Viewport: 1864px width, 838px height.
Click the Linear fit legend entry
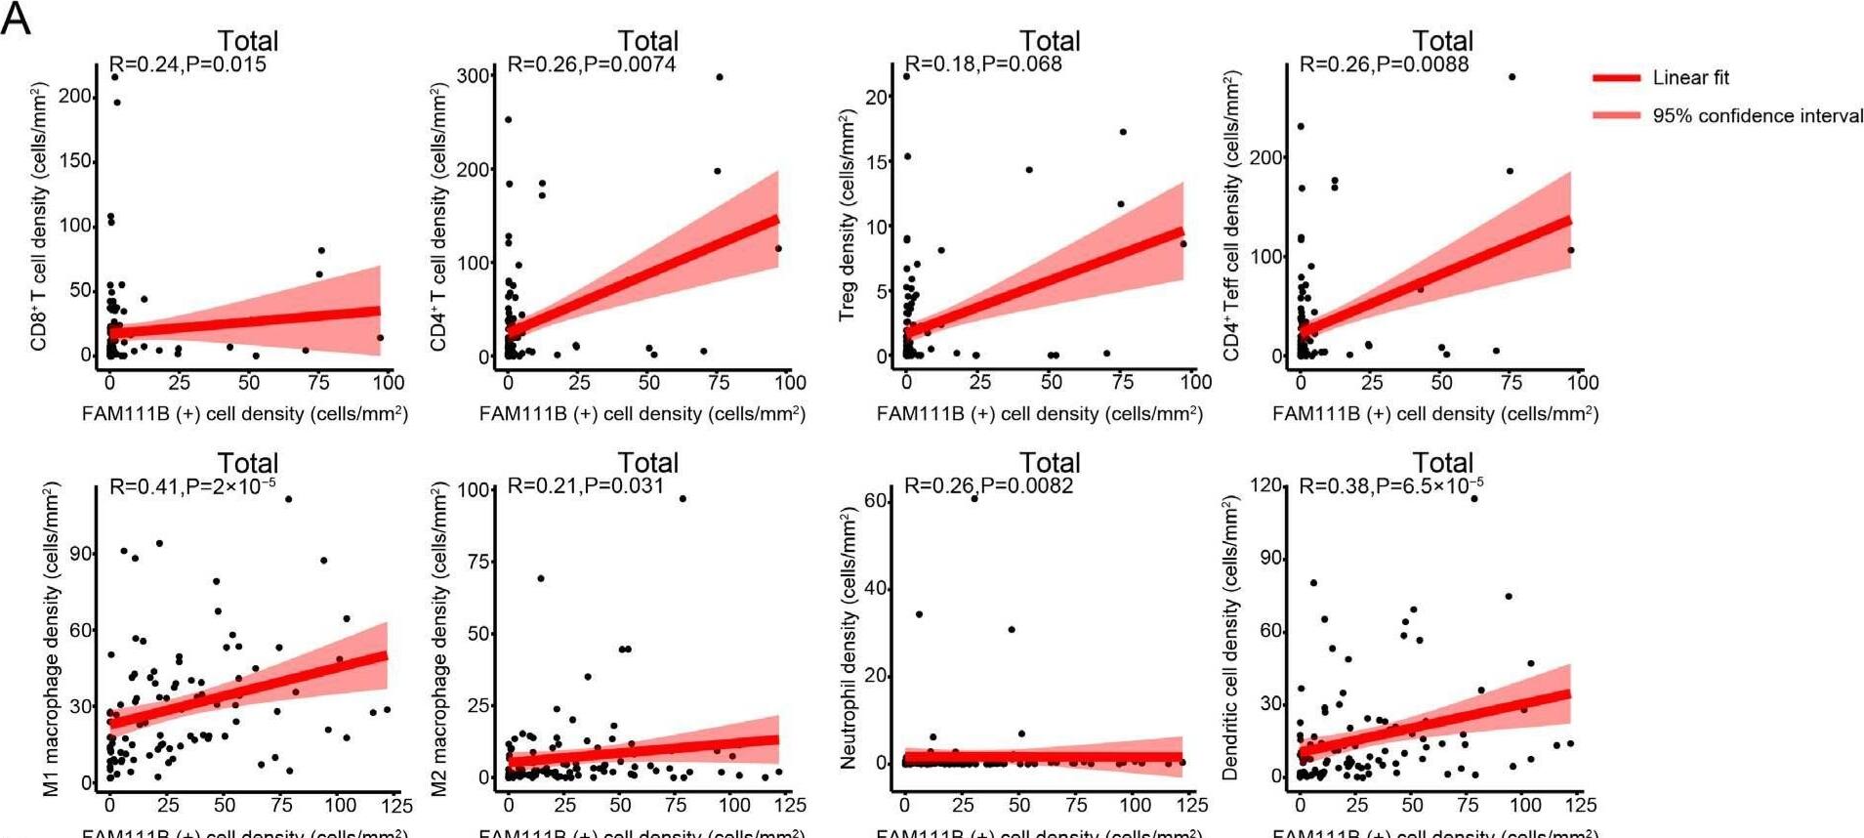[1690, 78]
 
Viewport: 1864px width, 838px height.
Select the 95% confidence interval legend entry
[1757, 116]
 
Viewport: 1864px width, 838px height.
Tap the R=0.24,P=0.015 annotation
[187, 64]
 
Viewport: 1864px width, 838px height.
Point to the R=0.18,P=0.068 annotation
[983, 64]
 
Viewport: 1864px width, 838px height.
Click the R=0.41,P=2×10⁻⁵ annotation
[192, 485]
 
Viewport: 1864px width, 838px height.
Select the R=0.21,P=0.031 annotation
[586, 485]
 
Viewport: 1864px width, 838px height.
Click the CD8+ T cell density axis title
[39, 217]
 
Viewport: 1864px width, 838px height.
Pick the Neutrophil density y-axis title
[847, 638]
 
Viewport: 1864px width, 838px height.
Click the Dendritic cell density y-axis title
[1229, 638]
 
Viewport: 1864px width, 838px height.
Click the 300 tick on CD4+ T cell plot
[474, 76]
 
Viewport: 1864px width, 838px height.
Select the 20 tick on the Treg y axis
[876, 97]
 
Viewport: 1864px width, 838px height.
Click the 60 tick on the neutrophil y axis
[875, 501]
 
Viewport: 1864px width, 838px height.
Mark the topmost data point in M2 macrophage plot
[683, 499]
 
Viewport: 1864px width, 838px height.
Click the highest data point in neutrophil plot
[973, 498]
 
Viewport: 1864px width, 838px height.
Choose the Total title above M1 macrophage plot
[247, 463]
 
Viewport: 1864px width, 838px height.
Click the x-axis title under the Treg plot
[1039, 414]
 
